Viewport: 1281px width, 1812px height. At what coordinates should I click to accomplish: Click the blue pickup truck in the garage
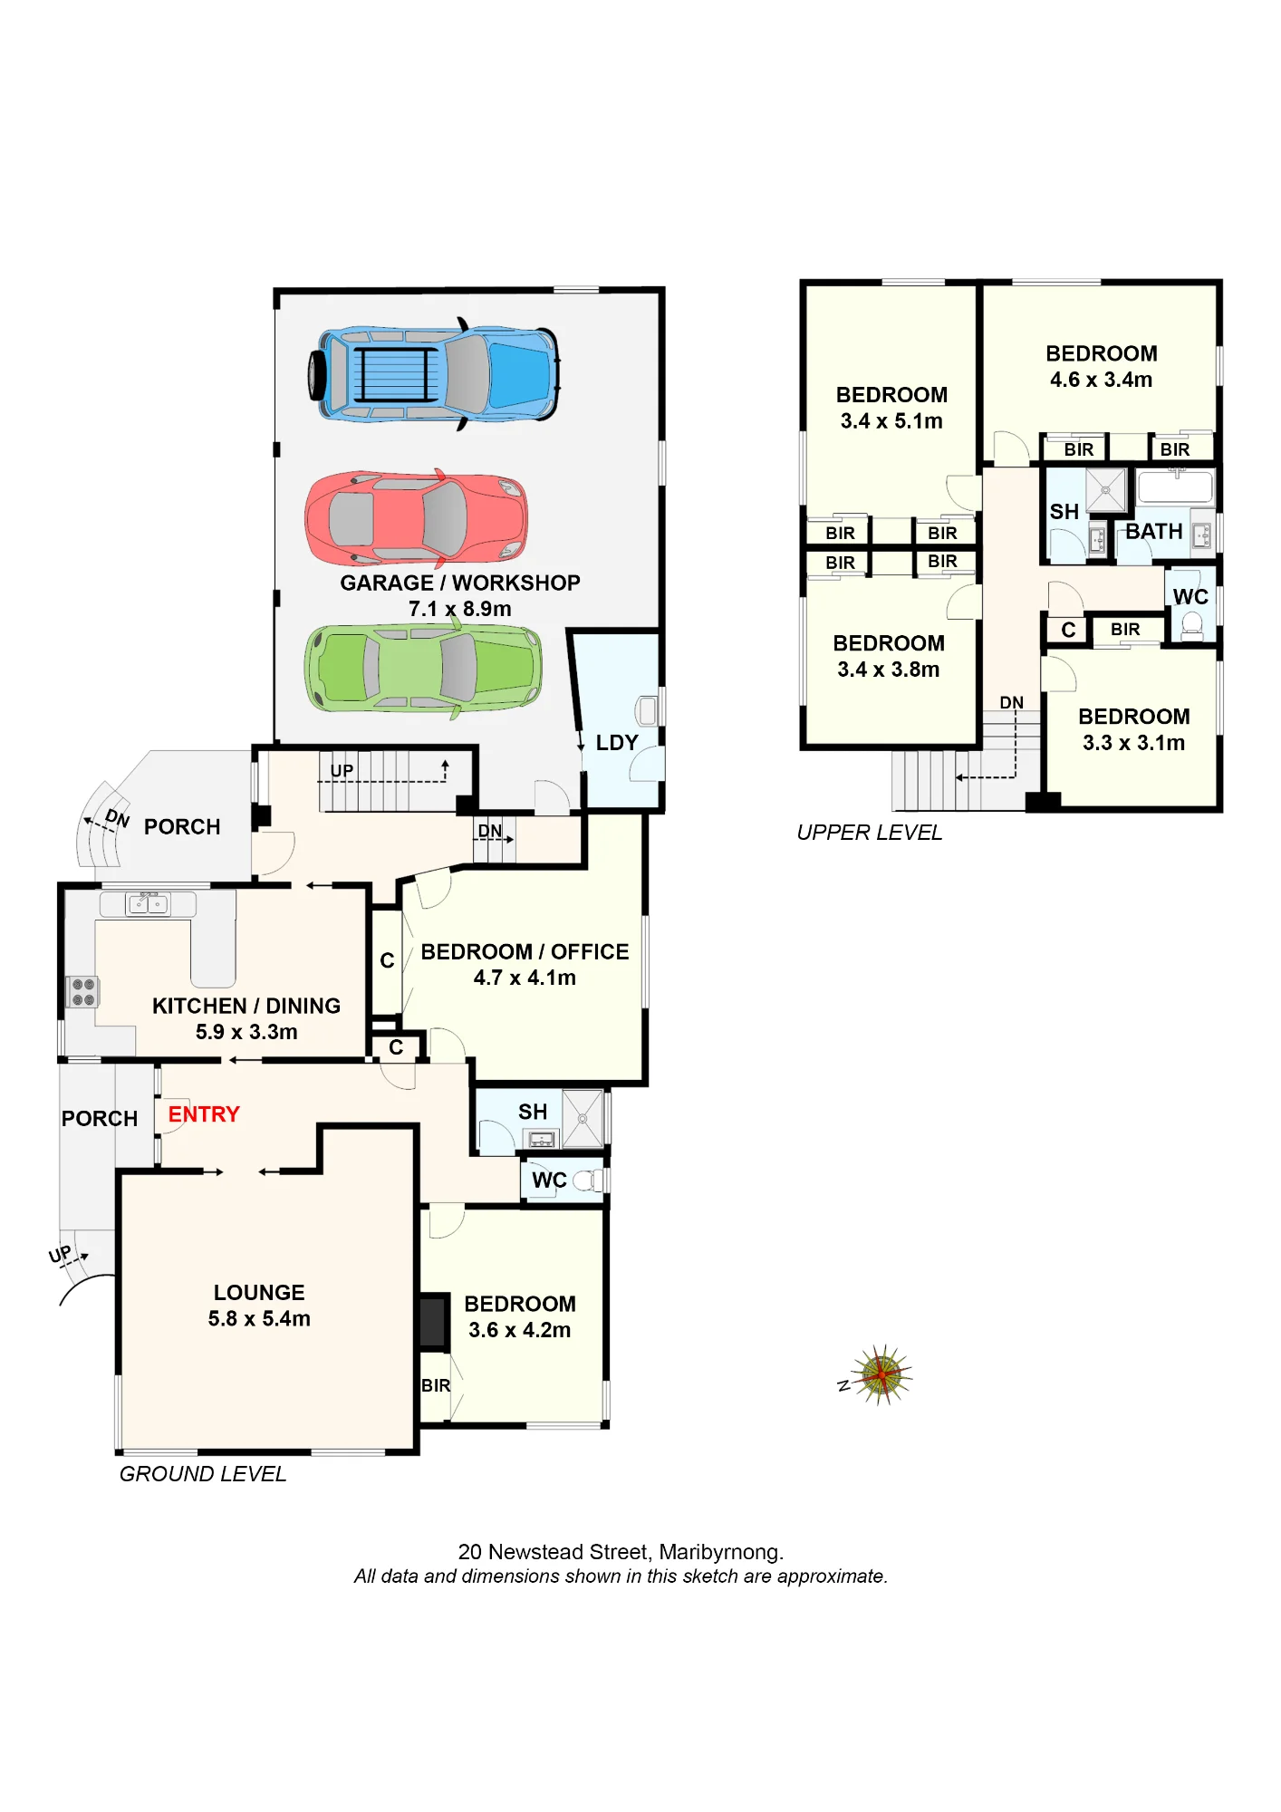(x=434, y=373)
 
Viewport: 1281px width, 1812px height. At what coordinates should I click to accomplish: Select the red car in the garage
(x=417, y=519)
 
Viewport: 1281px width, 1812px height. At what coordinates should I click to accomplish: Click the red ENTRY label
(x=204, y=1114)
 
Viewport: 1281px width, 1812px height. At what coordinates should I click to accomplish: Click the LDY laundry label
(x=617, y=743)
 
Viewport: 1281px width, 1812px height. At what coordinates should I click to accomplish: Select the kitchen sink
(x=148, y=903)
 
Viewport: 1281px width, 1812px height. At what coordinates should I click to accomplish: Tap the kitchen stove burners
(x=83, y=992)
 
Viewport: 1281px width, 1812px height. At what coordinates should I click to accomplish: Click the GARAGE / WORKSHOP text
(x=460, y=583)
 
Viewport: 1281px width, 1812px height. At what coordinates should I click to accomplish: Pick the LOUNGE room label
(x=259, y=1293)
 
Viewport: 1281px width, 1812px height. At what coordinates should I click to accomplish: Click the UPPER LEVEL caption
(x=870, y=833)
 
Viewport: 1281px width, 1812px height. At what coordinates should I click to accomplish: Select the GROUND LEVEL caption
(x=203, y=1474)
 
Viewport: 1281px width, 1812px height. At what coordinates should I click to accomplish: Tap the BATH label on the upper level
(x=1154, y=532)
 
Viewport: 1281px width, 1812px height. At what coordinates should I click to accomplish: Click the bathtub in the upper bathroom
(x=1175, y=487)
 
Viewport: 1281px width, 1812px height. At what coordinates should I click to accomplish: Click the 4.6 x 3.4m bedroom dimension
(x=1102, y=380)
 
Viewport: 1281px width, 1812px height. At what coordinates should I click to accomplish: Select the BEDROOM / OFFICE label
(x=525, y=951)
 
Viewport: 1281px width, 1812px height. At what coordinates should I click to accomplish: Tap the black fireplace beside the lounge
(x=434, y=1322)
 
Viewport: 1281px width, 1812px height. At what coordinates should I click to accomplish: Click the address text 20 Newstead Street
(x=554, y=1552)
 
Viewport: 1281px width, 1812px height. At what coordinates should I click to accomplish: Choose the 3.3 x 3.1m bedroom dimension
(x=1134, y=743)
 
